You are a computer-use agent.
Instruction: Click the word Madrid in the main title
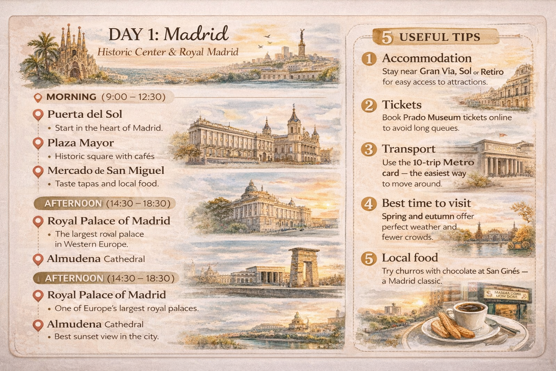click(196, 35)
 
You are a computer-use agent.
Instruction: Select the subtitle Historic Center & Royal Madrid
click(168, 52)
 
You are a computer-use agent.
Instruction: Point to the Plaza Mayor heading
click(80, 143)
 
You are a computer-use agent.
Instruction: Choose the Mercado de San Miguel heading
click(106, 171)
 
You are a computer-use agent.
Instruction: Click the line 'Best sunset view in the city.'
click(106, 337)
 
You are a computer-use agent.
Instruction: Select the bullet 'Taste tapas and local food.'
click(107, 184)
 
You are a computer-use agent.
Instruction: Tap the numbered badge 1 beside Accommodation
click(369, 59)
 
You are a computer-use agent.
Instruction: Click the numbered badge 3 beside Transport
click(369, 149)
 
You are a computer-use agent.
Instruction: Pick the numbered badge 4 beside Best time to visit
click(369, 204)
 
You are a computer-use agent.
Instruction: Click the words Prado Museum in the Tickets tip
click(432, 117)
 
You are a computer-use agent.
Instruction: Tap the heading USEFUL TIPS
click(439, 37)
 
